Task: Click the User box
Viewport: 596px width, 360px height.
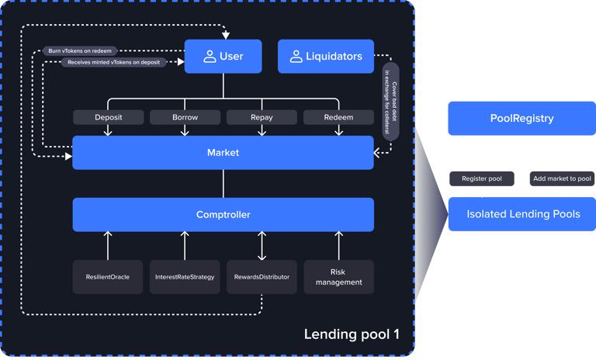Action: (x=223, y=56)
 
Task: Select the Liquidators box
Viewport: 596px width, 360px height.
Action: (x=326, y=56)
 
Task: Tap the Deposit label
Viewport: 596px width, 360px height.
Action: (x=109, y=117)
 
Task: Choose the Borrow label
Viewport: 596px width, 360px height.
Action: (x=185, y=117)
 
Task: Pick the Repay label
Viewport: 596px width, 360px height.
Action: (x=262, y=117)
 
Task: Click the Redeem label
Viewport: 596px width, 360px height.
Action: (x=338, y=117)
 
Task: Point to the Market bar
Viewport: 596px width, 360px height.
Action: (x=223, y=153)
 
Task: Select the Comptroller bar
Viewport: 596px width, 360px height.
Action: (x=223, y=214)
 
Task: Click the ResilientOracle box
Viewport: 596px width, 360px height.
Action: (x=108, y=277)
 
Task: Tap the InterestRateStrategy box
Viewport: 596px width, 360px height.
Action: (x=185, y=277)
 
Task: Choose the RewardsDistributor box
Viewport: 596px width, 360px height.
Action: (x=262, y=277)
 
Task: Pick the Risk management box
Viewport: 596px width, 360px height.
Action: (x=338, y=277)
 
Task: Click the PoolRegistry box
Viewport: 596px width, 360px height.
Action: (x=521, y=119)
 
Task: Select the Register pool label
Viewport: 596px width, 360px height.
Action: (x=482, y=178)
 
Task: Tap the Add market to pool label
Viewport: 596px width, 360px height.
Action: (x=562, y=178)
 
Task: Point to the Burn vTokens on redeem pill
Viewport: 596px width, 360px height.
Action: (x=80, y=51)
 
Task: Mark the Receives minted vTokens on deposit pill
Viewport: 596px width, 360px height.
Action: (x=114, y=62)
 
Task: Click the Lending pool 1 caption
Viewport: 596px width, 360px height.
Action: (x=352, y=334)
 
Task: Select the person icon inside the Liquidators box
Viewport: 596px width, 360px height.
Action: (x=296, y=56)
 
